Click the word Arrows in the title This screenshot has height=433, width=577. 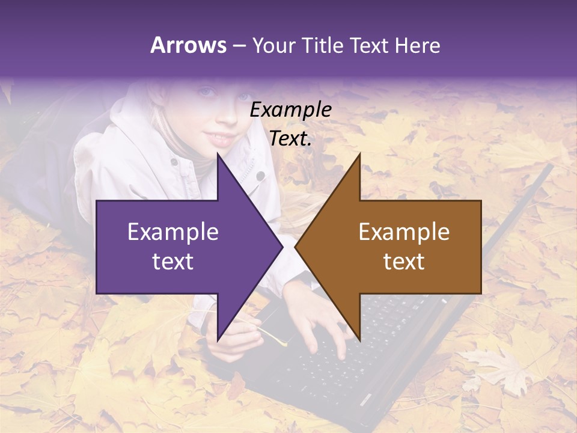(x=189, y=45)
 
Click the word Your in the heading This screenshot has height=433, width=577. (x=274, y=46)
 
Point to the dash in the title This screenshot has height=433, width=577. (x=239, y=46)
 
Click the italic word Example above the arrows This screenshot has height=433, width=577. (x=290, y=110)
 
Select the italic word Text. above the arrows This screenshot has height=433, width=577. (x=290, y=139)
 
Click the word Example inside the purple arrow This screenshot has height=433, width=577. (x=173, y=232)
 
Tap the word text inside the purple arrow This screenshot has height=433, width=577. (x=173, y=262)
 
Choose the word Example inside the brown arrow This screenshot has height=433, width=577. (x=404, y=232)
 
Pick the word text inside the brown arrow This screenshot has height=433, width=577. (x=404, y=262)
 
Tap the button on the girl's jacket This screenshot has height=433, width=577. (x=260, y=176)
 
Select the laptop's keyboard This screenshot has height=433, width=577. (x=361, y=349)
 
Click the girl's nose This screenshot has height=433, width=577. (x=227, y=114)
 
